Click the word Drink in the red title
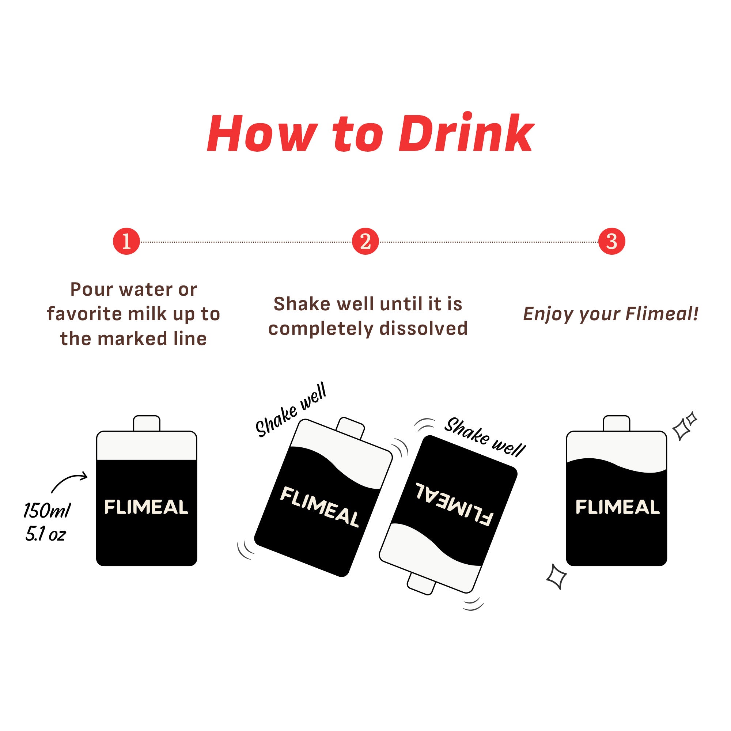pyautogui.click(x=466, y=133)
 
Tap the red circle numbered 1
pyautogui.click(x=126, y=241)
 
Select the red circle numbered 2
pyautogui.click(x=365, y=241)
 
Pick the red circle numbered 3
pyautogui.click(x=612, y=241)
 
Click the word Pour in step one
pyautogui.click(x=92, y=290)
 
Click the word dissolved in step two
pyautogui.click(x=424, y=329)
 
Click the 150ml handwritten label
pyautogui.click(x=47, y=510)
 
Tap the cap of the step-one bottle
pyautogui.click(x=147, y=423)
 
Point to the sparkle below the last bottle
pyautogui.click(x=557, y=576)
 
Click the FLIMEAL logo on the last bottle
pyautogui.click(x=617, y=507)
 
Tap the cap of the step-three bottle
pyautogui.click(x=617, y=423)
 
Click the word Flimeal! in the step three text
pyautogui.click(x=662, y=314)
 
